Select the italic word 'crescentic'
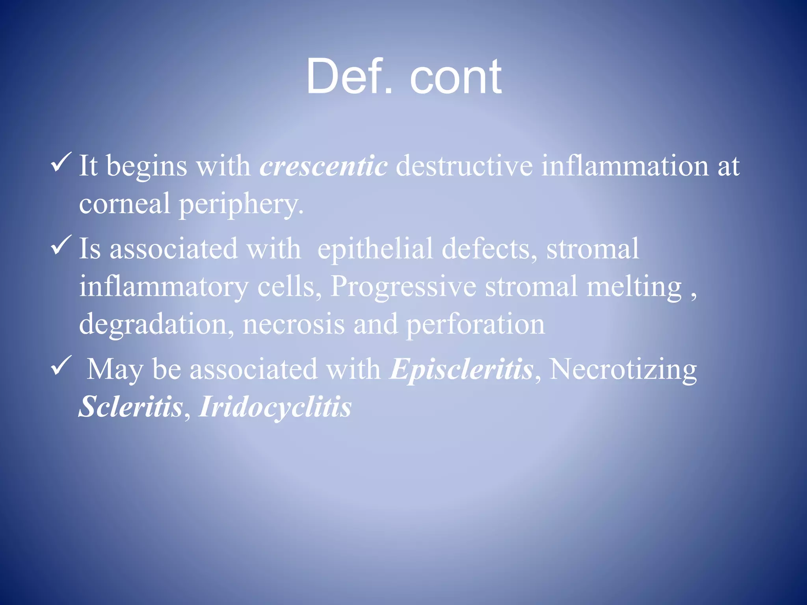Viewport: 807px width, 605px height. pos(324,166)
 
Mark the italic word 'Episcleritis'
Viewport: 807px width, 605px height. pos(461,369)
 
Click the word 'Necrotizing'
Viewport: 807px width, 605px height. pos(623,369)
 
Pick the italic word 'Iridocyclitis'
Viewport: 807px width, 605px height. pos(275,406)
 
